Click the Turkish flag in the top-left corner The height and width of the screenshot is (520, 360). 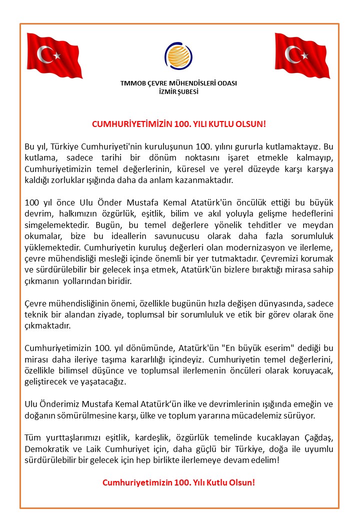54,55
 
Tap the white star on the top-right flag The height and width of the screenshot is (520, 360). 305,54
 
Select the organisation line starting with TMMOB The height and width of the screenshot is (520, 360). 178,83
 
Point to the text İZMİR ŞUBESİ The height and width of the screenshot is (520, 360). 178,92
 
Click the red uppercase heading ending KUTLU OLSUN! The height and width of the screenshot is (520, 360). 178,123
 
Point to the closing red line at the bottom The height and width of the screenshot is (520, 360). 178,483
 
